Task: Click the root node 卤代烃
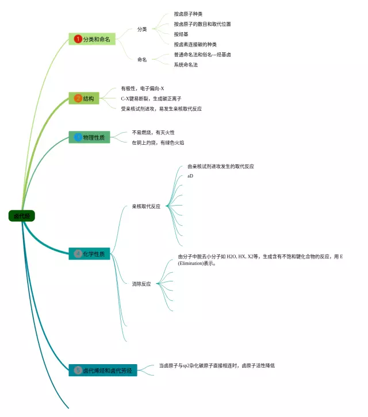22,216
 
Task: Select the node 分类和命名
92,39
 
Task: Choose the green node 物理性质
89,137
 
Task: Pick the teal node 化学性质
89,253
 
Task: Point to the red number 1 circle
78,39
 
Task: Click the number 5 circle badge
78,370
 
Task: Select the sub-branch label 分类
142,29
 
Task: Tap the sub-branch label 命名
142,59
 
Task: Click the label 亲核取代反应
146,206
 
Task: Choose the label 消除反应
141,284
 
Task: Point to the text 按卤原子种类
188,14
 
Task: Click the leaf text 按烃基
181,34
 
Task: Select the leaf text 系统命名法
186,65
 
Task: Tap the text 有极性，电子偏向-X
143,88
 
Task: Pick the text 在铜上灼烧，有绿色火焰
158,142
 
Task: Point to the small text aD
190,176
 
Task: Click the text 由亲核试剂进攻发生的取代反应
221,167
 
